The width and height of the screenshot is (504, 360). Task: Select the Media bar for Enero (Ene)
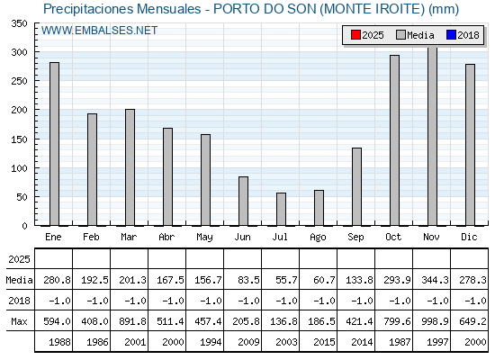click(55, 144)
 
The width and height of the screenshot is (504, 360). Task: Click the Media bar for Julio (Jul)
click(281, 209)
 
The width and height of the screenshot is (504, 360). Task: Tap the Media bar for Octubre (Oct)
click(395, 140)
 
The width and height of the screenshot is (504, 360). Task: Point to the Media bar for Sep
click(356, 187)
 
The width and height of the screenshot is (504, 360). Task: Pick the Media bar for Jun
click(243, 202)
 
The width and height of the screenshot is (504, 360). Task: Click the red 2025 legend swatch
click(355, 35)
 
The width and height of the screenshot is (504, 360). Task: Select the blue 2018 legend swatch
click(451, 35)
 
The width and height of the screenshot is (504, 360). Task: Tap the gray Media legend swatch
click(400, 35)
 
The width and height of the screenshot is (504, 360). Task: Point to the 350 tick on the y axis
click(19, 23)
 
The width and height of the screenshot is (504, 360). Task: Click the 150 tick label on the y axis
click(19, 139)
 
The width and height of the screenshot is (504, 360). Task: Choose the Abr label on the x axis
click(166, 237)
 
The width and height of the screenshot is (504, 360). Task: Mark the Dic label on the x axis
click(469, 237)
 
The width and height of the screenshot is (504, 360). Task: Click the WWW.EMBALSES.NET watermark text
click(99, 31)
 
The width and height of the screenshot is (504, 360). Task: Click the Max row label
click(19, 321)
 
